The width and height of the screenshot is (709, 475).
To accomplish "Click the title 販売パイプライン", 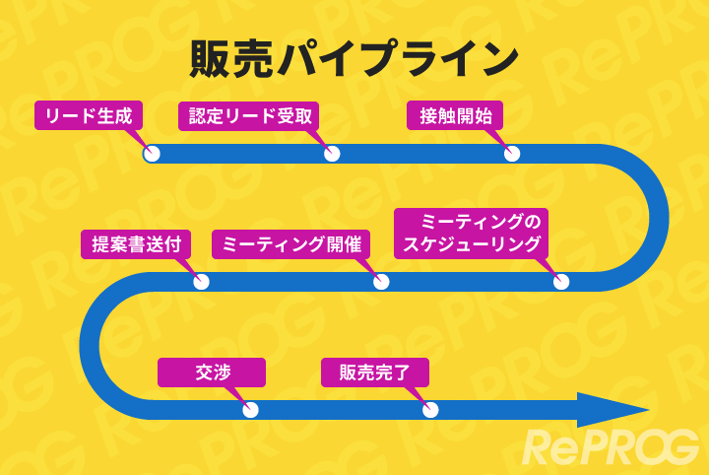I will [354, 60].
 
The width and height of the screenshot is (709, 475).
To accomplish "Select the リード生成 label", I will [89, 115].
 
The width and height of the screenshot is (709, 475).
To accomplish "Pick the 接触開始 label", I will [455, 115].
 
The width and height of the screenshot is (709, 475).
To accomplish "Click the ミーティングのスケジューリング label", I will [471, 233].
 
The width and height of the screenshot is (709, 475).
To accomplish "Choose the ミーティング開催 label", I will [290, 244].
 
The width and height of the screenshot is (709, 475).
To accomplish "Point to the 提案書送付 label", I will [136, 244].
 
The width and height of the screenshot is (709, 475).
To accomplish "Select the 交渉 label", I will [212, 373].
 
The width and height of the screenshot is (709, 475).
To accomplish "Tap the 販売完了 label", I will [375, 373].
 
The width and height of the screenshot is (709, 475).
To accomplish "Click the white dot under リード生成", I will [152, 154].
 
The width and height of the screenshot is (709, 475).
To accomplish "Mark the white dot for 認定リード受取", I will [332, 154].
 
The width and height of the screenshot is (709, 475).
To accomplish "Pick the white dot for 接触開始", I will [512, 154].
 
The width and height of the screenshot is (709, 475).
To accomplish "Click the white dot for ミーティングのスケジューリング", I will [561, 282].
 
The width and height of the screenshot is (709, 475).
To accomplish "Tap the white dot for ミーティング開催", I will [381, 282].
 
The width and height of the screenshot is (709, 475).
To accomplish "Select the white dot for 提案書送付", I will [201, 282].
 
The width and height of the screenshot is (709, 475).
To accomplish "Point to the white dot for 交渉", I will [250, 410].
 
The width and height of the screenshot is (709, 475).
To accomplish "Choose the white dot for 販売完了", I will [430, 410].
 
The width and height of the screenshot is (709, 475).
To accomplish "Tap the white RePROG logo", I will [610, 447].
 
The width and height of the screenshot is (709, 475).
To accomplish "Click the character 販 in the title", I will [214, 60].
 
